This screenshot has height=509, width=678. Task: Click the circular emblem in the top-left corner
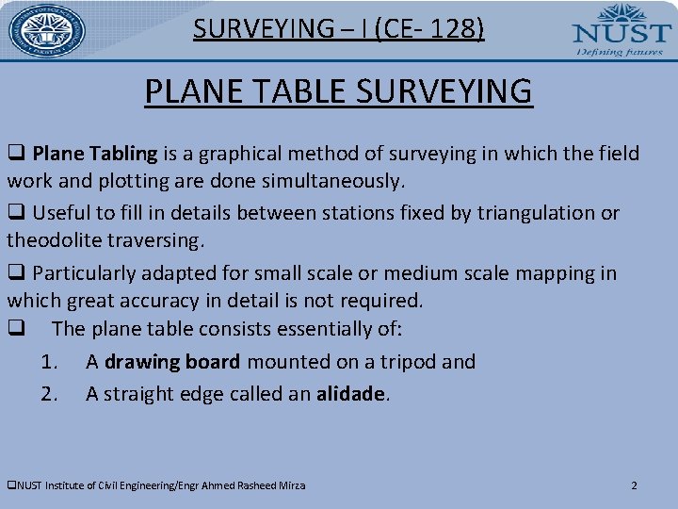coord(46,31)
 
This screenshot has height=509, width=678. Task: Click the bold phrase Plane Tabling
coord(95,154)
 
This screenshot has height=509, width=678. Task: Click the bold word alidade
coord(350,394)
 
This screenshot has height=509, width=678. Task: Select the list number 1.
coord(49,362)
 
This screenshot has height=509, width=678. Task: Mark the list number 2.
coord(49,394)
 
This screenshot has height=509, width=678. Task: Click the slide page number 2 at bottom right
coord(634,485)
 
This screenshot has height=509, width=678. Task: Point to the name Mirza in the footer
coord(290,485)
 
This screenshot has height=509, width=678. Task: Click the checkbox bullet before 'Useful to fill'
coord(16,213)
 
